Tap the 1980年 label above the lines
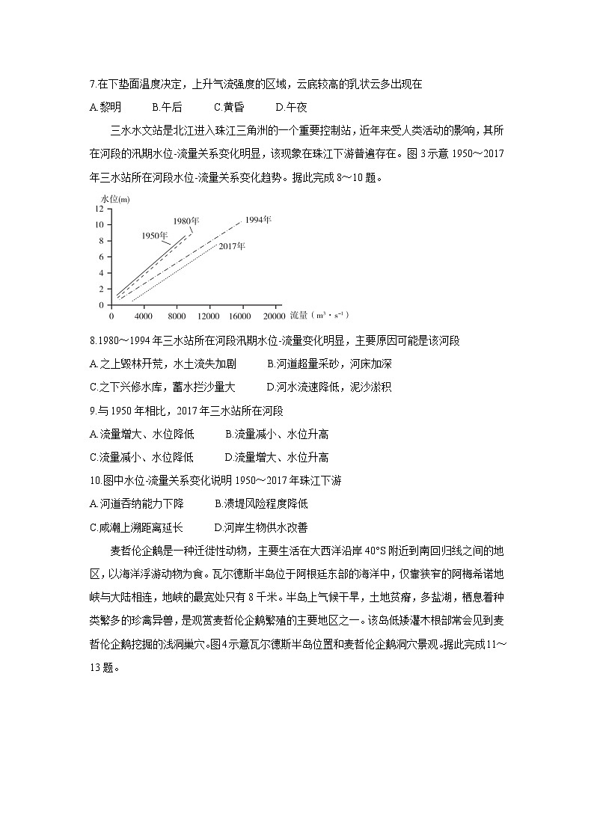(x=186, y=221)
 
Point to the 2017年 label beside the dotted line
(x=233, y=246)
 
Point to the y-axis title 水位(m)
(x=114, y=197)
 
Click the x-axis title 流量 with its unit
(x=307, y=316)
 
